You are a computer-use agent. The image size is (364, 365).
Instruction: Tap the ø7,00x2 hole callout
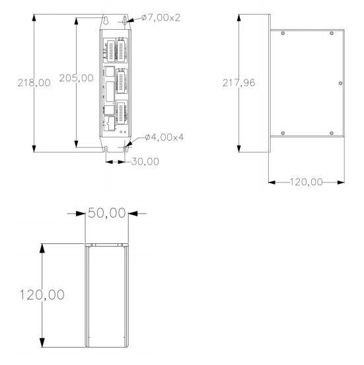pos(161,18)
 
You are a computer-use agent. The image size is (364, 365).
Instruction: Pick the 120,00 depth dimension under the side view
pos(308,181)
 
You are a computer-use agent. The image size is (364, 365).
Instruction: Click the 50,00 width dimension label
pos(106,213)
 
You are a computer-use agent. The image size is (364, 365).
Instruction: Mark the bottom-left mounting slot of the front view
pos(106,147)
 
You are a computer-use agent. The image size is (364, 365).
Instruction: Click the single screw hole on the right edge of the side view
pos(340,83)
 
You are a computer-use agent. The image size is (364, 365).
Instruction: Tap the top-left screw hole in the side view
pos(283,33)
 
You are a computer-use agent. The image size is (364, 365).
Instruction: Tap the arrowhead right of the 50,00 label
pos(133,213)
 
